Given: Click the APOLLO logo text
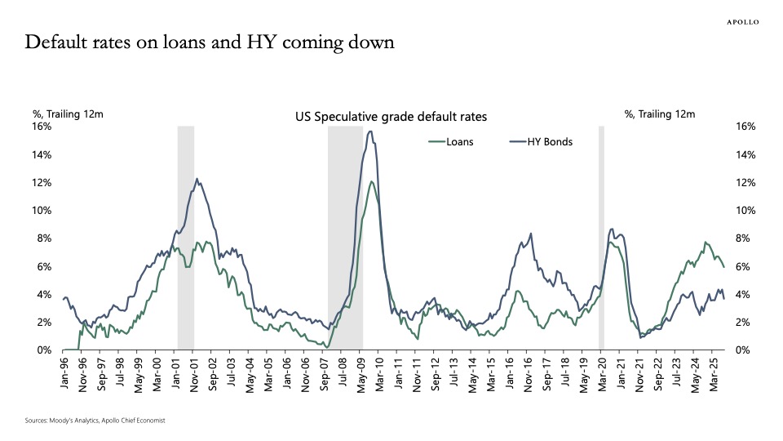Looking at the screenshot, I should [742, 22].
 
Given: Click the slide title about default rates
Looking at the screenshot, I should [210, 43].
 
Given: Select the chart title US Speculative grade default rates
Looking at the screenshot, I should [391, 117].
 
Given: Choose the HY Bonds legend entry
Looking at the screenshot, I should [541, 141].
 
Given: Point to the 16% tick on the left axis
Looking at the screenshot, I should [41, 127].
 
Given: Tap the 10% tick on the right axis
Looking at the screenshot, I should [745, 211].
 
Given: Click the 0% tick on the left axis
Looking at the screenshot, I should [44, 350].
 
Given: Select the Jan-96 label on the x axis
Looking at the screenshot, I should [64, 372].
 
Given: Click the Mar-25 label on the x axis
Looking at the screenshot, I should [713, 372].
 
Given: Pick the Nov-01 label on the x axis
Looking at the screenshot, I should [194, 372].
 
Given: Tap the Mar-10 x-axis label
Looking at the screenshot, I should [379, 372].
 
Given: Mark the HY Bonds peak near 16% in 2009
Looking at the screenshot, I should [370, 131].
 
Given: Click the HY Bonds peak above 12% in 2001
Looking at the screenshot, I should [197, 179].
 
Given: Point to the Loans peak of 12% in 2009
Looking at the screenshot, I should [372, 181].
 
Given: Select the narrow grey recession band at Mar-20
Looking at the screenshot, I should [601, 237].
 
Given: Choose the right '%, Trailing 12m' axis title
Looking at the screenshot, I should [659, 114].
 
